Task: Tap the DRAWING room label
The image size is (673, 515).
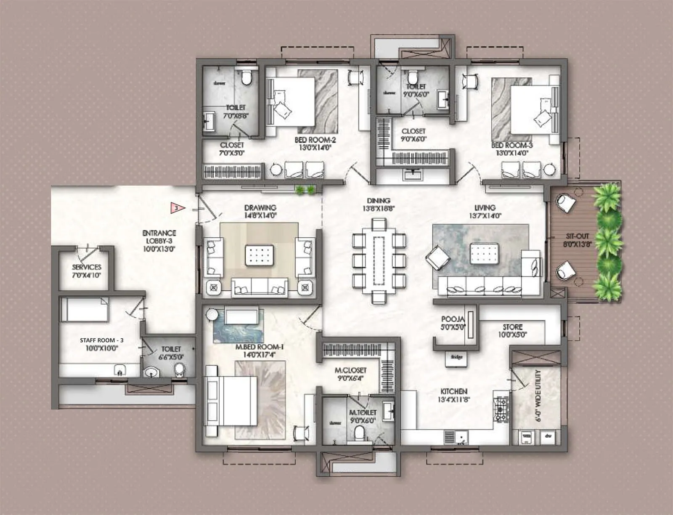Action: point(260,207)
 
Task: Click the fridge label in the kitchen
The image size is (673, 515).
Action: point(457,357)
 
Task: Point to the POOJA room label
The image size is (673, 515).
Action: point(453,319)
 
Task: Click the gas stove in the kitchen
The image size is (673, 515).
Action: point(501,409)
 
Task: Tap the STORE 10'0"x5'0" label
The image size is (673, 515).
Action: point(512,331)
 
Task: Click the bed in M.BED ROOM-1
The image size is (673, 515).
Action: point(231,401)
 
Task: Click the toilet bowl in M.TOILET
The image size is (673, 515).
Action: point(359,433)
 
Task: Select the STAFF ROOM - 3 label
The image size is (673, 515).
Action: point(101,340)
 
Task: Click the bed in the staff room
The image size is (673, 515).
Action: point(84,310)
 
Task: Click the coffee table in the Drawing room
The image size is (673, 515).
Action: point(259,255)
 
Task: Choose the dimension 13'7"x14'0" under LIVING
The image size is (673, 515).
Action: point(485,216)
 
